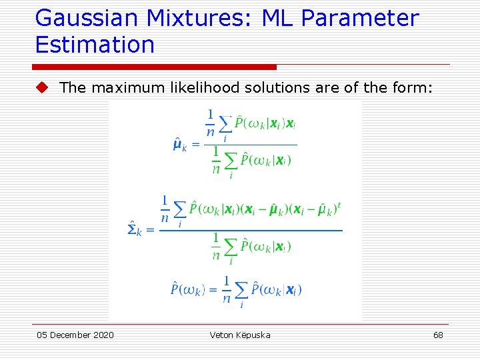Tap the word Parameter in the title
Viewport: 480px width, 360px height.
(360, 18)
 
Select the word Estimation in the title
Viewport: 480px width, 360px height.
(95, 45)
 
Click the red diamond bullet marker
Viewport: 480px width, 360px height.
(42, 87)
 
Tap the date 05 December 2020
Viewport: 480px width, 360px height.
(75, 335)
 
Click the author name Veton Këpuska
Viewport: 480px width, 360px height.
(240, 335)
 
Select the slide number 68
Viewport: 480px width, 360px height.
(438, 335)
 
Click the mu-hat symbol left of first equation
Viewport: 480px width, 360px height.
(179, 145)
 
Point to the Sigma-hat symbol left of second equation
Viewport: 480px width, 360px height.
(134, 230)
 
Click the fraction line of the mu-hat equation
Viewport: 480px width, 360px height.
(251, 145)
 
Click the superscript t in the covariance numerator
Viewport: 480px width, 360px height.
(339, 205)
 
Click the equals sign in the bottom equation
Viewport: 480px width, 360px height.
(213, 289)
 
